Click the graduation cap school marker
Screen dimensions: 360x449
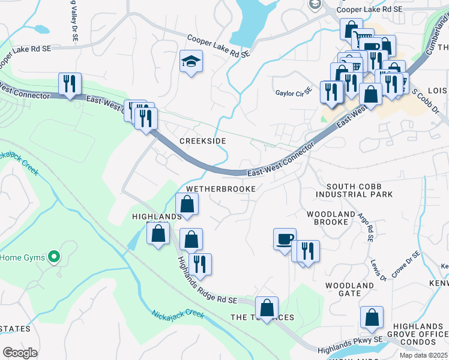coord(191,62)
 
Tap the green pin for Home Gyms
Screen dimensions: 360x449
coord(54,257)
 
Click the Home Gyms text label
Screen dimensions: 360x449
coord(22,257)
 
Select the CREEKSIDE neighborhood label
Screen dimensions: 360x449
coord(203,140)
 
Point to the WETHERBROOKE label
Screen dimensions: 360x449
coord(221,188)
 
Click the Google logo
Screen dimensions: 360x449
coord(20,353)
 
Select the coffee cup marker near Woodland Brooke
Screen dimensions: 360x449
coord(285,239)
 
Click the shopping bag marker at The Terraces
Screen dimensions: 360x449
coord(267,308)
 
